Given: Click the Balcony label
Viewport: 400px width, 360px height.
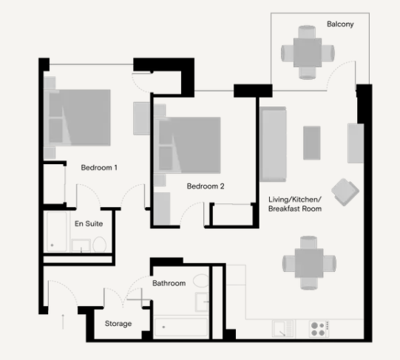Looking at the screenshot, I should pos(340,24).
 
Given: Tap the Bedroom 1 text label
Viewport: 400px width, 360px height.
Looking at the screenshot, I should pos(99,168).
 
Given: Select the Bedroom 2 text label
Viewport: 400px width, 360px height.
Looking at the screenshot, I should pos(205,186).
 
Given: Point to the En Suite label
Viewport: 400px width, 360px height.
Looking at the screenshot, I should pos(88,223).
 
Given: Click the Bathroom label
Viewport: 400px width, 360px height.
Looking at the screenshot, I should pos(169,283).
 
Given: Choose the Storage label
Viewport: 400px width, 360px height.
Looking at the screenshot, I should pos(118,324).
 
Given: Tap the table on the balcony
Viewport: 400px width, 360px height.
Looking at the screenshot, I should pos(306,52).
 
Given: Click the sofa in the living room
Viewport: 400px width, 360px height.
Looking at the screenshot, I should pos(273,143).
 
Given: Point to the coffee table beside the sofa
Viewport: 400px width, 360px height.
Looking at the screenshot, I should pos(312,143).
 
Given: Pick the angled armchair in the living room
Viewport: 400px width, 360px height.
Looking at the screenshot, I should pos(345,192).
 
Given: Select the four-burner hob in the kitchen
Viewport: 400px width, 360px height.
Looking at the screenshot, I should pos(318,328).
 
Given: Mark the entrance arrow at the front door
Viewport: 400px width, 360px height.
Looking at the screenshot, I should pos(63,320).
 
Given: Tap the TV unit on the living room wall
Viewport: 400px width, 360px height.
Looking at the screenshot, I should pos(356,143).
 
